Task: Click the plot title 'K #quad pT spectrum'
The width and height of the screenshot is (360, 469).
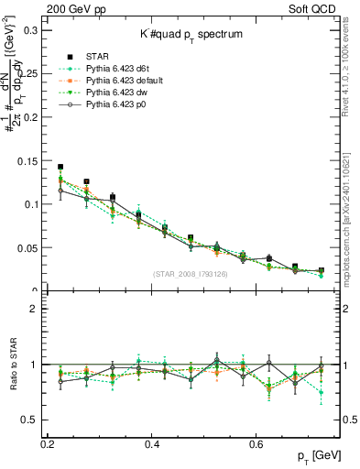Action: coord(191,34)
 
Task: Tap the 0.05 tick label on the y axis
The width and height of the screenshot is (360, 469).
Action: coord(27,248)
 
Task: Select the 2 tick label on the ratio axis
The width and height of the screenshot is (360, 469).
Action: coord(35,309)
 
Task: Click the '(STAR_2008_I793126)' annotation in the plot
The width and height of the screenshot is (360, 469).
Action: coord(191,272)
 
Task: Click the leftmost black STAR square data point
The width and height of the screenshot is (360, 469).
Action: coord(60,168)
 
